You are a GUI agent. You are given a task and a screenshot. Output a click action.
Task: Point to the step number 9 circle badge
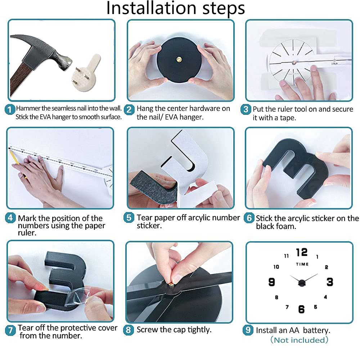pyautogui.click(x=248, y=330)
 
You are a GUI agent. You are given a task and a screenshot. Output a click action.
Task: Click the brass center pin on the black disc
pyautogui.click(x=179, y=60)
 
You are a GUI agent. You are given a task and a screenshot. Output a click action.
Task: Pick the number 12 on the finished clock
pyautogui.click(x=302, y=252)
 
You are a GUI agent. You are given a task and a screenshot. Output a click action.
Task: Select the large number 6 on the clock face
pyautogui.click(x=301, y=309)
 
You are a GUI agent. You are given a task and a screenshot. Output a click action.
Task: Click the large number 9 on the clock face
pyautogui.click(x=271, y=282)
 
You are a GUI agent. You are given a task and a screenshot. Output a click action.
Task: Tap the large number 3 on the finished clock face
pyautogui.click(x=330, y=282)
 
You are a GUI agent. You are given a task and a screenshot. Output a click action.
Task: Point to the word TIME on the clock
pyautogui.click(x=302, y=264)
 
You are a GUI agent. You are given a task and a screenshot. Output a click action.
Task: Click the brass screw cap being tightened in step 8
pyautogui.click(x=171, y=285)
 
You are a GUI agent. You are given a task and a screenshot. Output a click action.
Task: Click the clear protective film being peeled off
pyautogui.click(x=79, y=297)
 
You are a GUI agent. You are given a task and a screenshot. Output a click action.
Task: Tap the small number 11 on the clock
pyautogui.click(x=286, y=256)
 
